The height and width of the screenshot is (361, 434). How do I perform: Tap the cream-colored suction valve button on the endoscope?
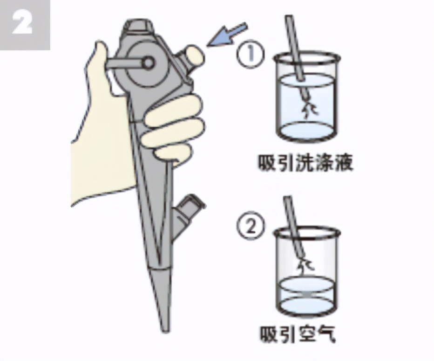point(191,56)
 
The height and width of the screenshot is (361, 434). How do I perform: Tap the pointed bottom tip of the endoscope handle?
point(162,322)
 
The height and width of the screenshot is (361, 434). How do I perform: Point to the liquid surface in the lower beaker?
point(305,285)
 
